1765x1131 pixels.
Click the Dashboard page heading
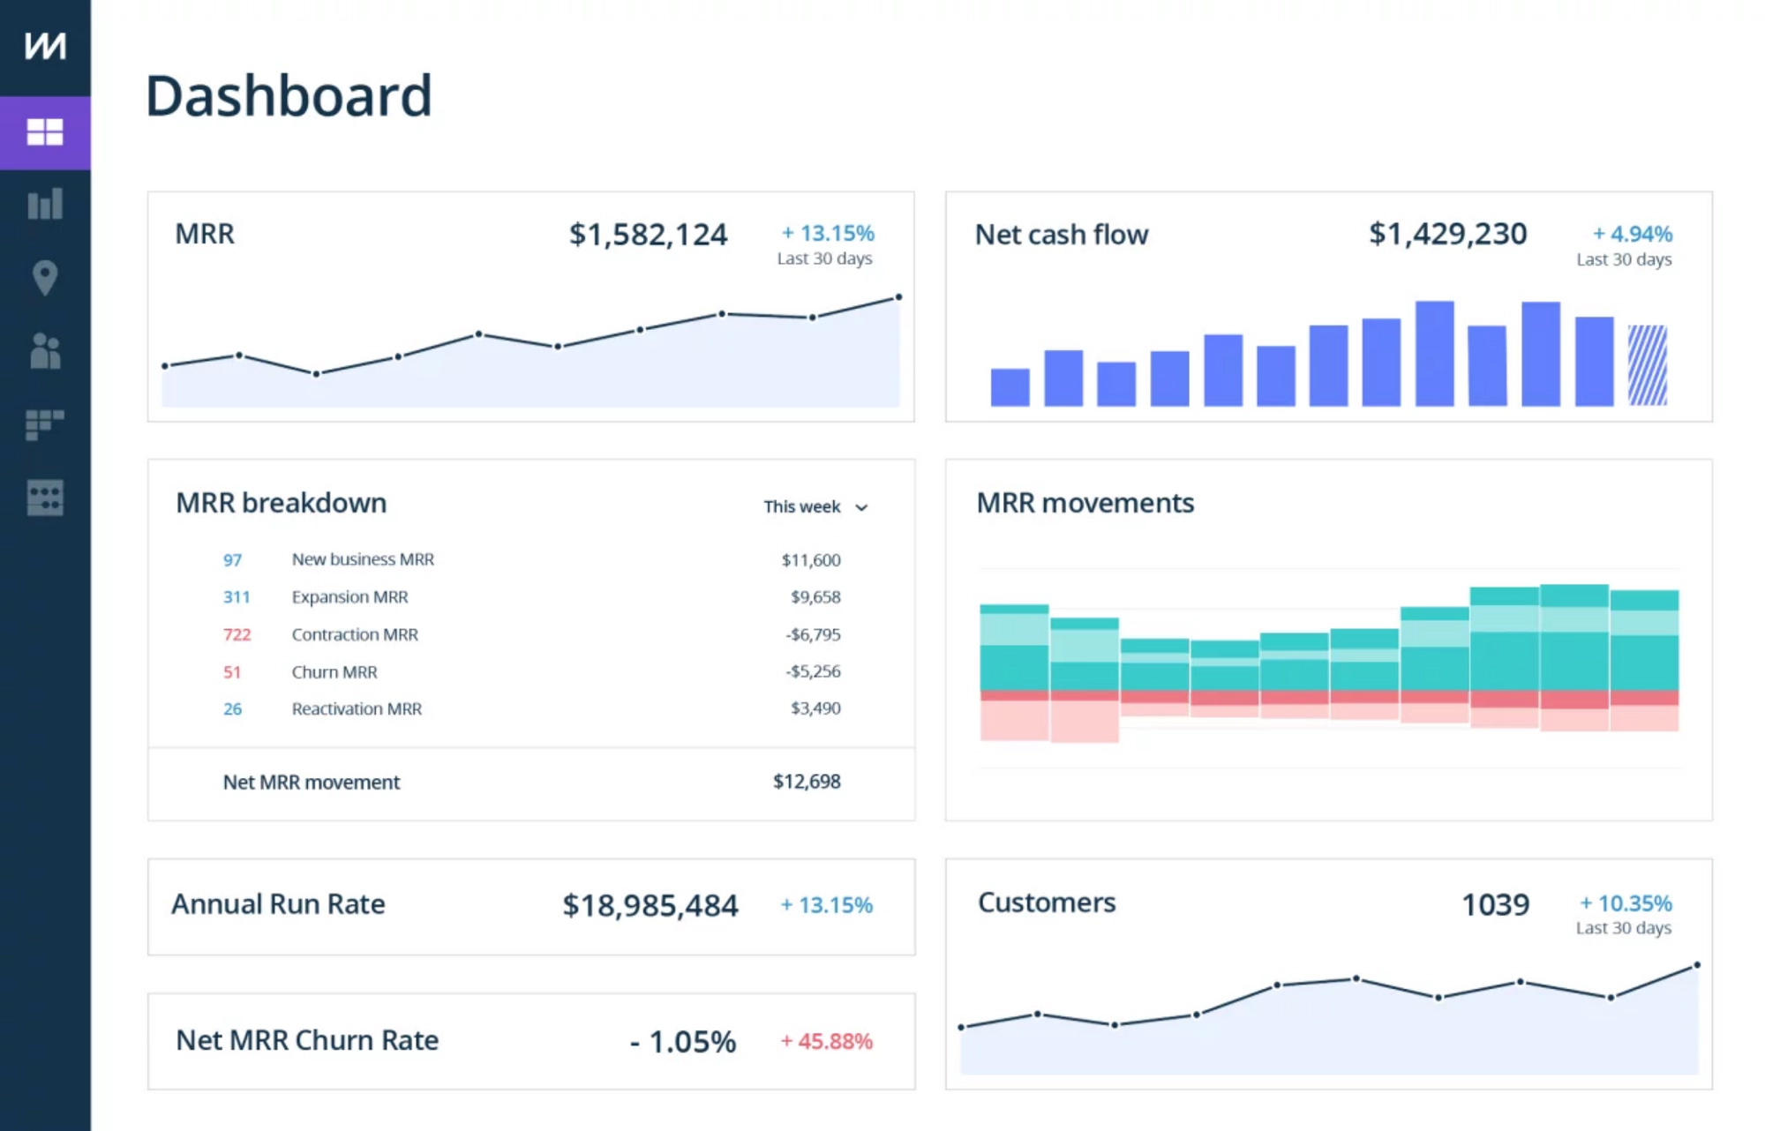[289, 96]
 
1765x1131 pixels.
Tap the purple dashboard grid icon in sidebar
[45, 132]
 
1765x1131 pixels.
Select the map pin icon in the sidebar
[45, 278]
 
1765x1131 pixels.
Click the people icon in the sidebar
[45, 351]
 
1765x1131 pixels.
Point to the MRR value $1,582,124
[648, 235]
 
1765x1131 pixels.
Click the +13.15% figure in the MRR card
[828, 234]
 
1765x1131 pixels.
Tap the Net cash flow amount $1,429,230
[1447, 234]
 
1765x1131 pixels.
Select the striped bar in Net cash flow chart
[1647, 365]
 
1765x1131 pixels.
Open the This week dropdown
[816, 507]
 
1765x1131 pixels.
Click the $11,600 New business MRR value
[811, 560]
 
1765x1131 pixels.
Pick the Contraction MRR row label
[355, 634]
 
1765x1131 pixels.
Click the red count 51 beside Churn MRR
[232, 672]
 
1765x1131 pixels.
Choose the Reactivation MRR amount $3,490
[815, 708]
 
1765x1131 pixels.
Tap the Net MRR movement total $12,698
[807, 782]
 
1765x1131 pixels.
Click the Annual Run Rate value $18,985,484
[650, 906]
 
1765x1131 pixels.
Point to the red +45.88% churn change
[827, 1042]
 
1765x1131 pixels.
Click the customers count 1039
[1495, 905]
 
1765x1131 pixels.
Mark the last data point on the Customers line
[1697, 966]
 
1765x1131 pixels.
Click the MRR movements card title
[1085, 503]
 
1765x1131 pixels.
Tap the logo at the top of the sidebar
[45, 46]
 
